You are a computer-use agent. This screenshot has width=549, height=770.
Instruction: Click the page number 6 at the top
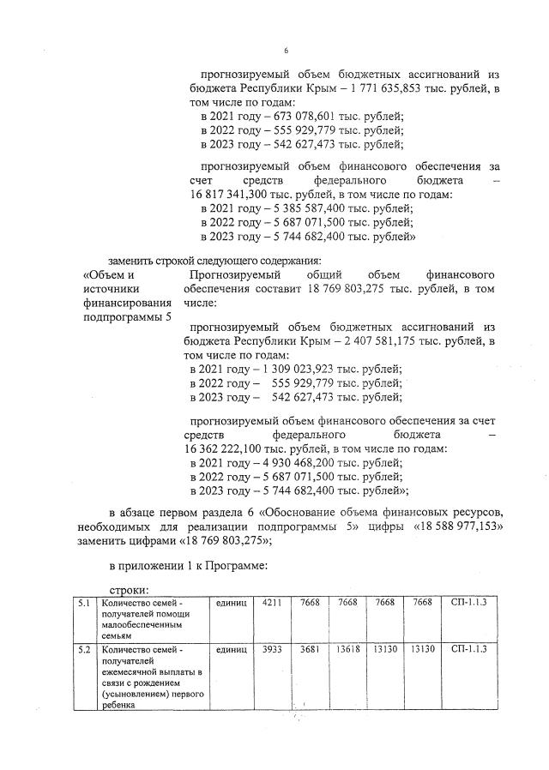[287, 51]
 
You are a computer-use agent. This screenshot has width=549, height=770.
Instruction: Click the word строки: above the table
[130, 591]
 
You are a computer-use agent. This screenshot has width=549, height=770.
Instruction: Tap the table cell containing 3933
[273, 649]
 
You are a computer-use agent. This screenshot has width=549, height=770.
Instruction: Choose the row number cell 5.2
[83, 649]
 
